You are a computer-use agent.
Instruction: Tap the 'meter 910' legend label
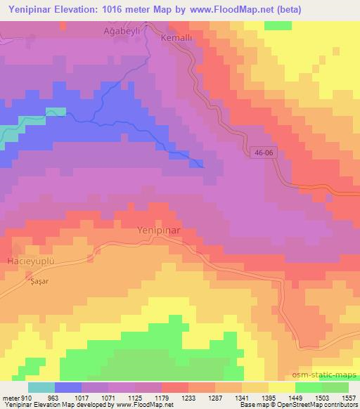click(14, 397)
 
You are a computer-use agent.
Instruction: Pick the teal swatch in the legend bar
click(41, 387)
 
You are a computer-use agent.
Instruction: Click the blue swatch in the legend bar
click(68, 387)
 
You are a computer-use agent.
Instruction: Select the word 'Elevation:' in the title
click(82, 10)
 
